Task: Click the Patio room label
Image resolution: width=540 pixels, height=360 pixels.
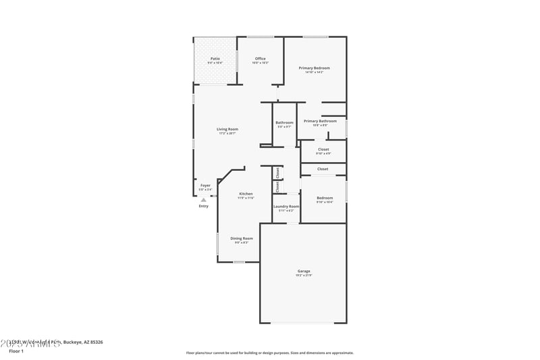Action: click(215, 59)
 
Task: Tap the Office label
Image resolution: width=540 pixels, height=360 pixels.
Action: click(260, 59)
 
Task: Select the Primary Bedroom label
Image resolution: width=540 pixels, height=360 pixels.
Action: click(314, 68)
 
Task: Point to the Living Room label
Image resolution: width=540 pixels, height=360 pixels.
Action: click(227, 129)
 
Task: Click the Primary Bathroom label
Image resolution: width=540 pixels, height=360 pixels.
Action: click(320, 121)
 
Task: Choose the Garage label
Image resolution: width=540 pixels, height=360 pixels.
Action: click(304, 271)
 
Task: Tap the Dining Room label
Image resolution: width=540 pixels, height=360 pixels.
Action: click(242, 238)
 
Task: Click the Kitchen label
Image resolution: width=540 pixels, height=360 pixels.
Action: click(246, 194)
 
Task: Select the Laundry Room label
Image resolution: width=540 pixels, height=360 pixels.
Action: click(286, 206)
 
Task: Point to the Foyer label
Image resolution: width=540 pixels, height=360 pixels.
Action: click(205, 185)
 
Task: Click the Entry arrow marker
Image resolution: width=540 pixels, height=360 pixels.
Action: click(203, 200)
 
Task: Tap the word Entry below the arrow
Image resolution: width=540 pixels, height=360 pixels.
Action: click(203, 206)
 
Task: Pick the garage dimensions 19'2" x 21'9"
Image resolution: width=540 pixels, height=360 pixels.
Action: click(304, 276)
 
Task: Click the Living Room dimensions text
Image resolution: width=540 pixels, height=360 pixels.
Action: click(227, 134)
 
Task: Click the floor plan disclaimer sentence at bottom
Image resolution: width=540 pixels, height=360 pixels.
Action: click(270, 353)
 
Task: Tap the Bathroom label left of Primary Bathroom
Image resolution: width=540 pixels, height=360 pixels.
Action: click(284, 122)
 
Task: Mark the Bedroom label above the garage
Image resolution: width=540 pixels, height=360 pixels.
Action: click(325, 198)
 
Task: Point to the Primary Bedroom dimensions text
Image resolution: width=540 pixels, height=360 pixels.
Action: click(314, 72)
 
